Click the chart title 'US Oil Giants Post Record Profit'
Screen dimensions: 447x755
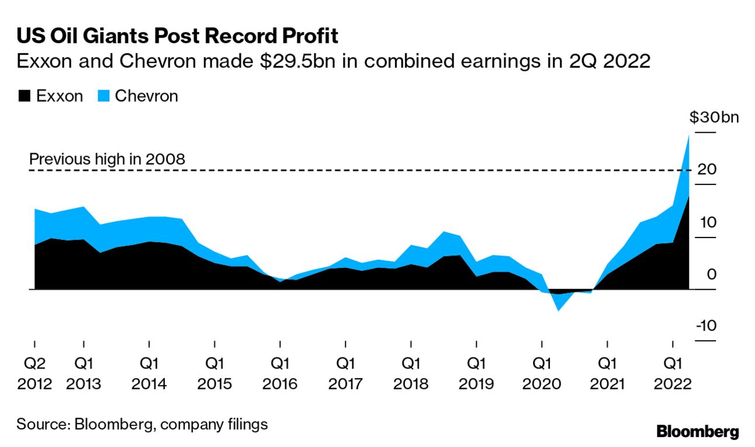click(177, 36)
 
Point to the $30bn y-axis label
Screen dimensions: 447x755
click(714, 118)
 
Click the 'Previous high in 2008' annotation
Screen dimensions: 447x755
click(107, 159)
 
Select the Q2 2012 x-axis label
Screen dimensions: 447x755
click(34, 374)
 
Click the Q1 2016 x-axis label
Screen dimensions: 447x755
click(280, 374)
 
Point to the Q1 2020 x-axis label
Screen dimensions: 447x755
click(542, 374)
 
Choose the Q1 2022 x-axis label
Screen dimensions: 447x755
click(673, 374)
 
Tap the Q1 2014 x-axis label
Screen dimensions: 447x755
click(149, 374)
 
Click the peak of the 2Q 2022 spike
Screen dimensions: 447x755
click(688, 136)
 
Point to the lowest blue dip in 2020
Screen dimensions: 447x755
click(559, 310)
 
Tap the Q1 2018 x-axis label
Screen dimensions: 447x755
click(411, 374)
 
